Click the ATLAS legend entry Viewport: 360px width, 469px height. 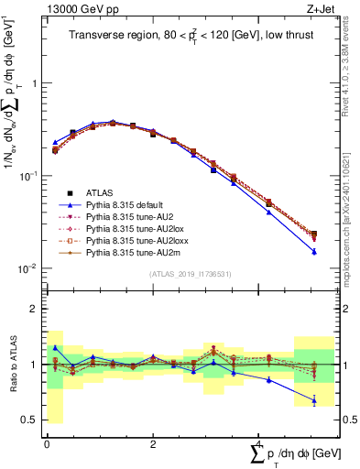click(x=98, y=192)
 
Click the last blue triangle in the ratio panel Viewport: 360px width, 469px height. click(x=314, y=400)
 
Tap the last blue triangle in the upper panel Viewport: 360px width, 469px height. click(x=314, y=252)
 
